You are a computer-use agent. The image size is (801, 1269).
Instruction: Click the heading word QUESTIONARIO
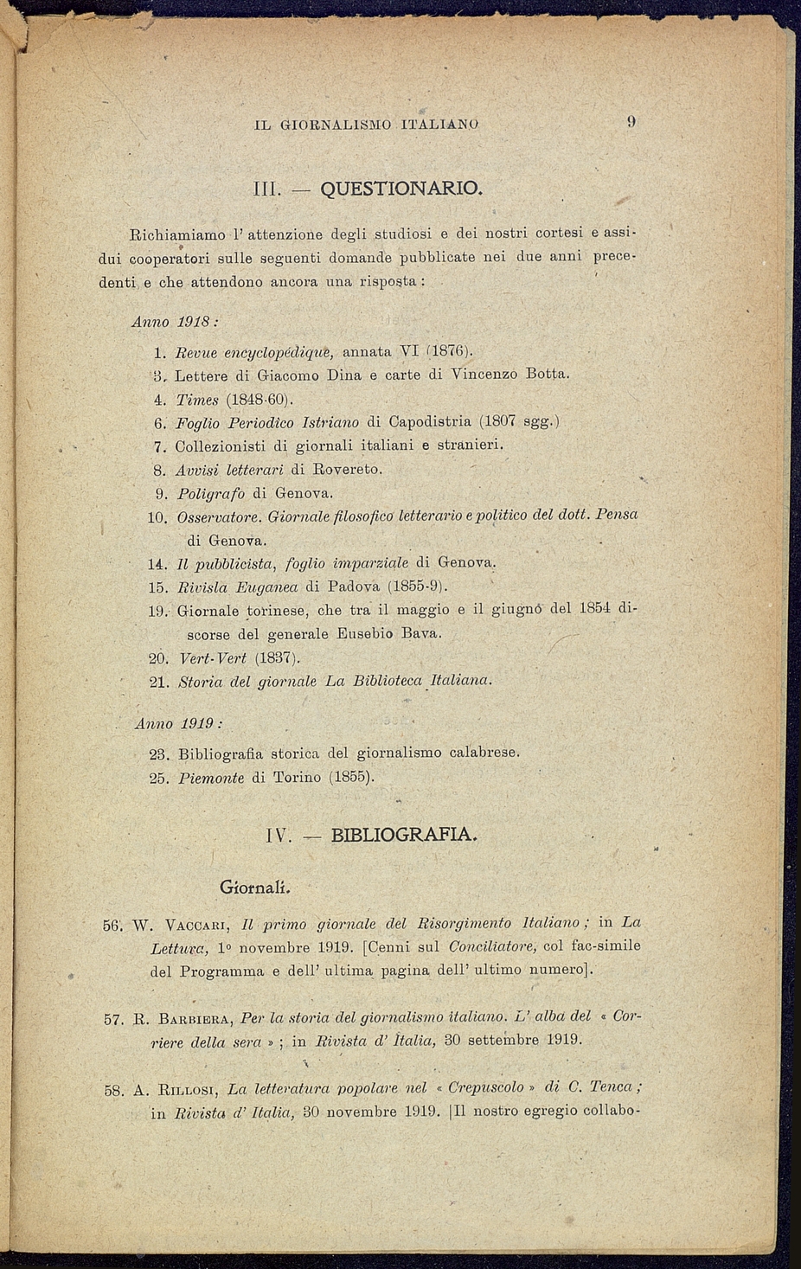point(400,188)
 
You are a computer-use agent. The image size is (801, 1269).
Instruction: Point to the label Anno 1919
point(179,723)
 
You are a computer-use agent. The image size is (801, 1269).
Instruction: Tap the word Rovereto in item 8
point(347,470)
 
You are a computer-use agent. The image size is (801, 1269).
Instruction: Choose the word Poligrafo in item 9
point(211,494)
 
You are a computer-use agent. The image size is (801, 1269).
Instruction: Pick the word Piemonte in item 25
point(211,778)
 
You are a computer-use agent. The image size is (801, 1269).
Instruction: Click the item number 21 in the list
point(159,682)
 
